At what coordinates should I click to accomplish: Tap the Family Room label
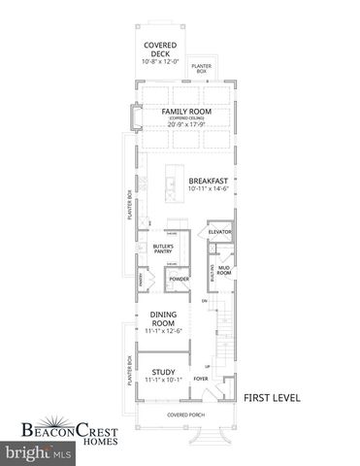click(x=186, y=112)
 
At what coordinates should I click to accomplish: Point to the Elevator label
click(x=220, y=233)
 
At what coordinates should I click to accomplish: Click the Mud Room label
click(x=223, y=271)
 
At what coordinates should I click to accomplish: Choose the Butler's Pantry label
click(x=162, y=250)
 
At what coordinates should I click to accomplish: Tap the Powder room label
click(x=179, y=280)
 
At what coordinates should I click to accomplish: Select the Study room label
click(x=163, y=370)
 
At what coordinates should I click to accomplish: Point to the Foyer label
click(x=201, y=380)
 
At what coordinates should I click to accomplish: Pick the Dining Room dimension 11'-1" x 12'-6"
click(x=162, y=333)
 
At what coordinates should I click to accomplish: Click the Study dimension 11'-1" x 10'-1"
click(x=163, y=381)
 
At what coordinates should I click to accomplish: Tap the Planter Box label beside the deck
click(x=202, y=68)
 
